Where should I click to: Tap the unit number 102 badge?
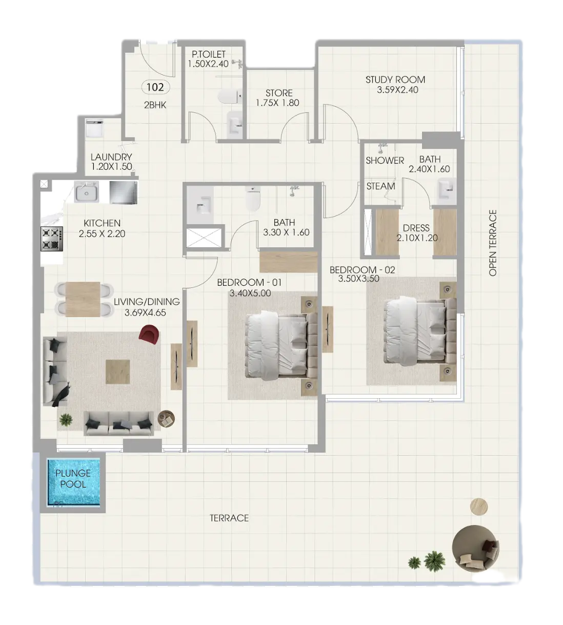[x=155, y=87]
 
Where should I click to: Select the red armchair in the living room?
[x=149, y=335]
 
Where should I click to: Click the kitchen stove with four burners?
[x=52, y=239]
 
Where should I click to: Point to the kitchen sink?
[x=87, y=193]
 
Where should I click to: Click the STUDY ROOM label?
[x=395, y=80]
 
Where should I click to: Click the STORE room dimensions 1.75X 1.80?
[x=277, y=103]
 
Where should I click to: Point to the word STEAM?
[x=381, y=186]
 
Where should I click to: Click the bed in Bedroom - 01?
[x=277, y=346]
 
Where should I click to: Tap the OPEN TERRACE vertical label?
[x=493, y=243]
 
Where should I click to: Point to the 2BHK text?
[x=156, y=105]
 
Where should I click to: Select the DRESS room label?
[x=416, y=228]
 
